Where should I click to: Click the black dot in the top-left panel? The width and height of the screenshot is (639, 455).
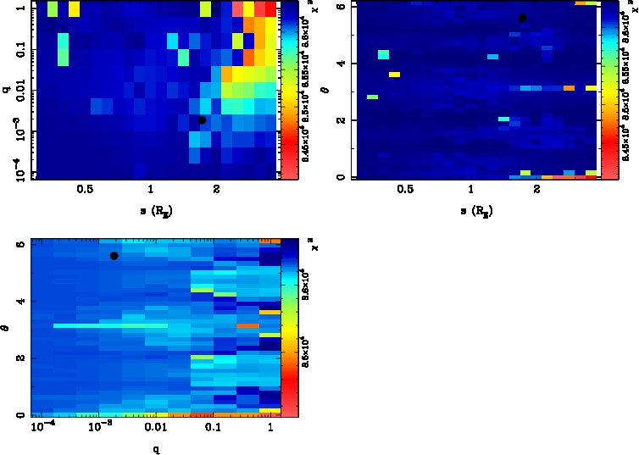point(202,120)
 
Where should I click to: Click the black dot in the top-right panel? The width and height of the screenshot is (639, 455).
point(522,18)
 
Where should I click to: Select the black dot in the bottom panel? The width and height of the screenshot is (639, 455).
point(114,256)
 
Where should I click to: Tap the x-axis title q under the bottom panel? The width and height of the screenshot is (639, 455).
point(157,449)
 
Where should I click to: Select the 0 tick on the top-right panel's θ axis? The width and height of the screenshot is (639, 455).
point(341,176)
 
